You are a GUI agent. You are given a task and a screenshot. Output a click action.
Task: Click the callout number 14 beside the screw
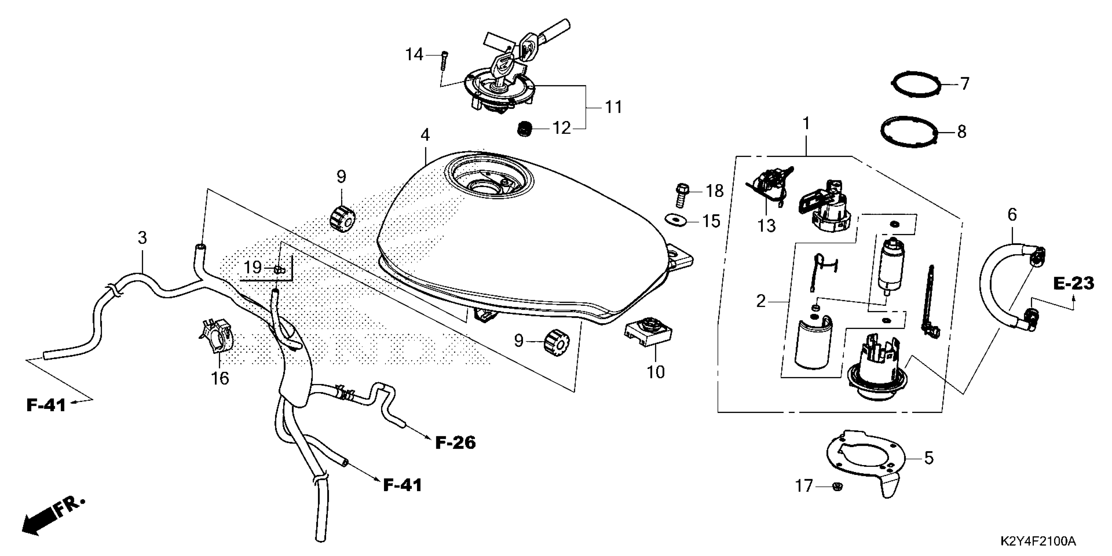pos(413,55)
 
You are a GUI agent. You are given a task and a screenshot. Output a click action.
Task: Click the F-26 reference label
pos(455,443)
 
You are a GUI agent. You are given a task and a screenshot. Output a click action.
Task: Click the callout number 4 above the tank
pos(425,135)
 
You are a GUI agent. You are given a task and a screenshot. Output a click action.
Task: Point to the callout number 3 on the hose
pos(143,237)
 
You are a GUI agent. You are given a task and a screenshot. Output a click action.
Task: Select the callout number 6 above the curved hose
pos(1012,215)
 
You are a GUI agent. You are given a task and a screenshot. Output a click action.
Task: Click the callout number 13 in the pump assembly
pos(767,225)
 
